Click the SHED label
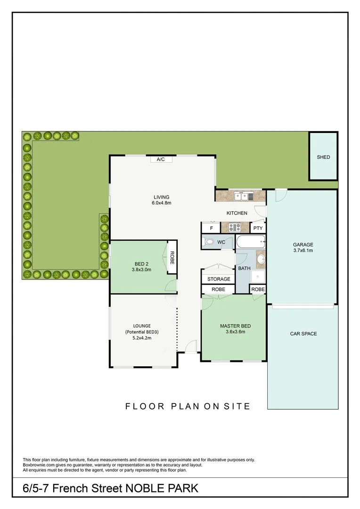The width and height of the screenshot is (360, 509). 323,157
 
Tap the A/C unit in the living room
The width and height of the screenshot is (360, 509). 160,159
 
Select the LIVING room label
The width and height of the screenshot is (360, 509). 161,197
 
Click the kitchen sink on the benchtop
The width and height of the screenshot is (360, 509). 245,195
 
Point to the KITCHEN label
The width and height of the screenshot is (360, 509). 237,213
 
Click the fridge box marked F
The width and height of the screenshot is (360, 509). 211,228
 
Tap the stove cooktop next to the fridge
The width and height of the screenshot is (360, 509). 235,228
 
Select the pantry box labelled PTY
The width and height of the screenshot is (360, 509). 258,228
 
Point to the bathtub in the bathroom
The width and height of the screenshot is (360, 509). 250,243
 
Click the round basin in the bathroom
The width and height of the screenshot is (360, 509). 260,259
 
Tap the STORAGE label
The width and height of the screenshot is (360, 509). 219,279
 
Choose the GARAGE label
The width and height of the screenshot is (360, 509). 303,245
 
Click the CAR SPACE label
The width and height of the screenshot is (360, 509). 303,334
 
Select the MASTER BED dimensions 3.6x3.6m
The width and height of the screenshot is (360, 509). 235,332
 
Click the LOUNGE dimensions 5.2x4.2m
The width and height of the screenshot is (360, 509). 142,337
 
